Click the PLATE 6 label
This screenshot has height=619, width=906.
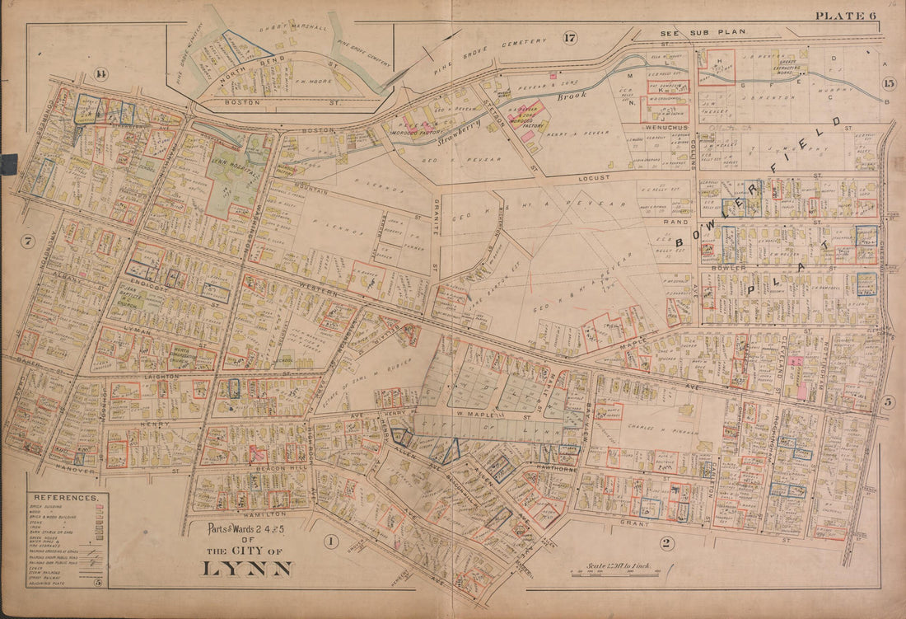click(845, 16)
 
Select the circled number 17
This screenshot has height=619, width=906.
click(570, 37)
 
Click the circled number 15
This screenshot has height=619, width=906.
click(888, 83)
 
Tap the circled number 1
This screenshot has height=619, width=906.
click(330, 542)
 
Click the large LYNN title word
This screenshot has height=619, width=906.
click(246, 568)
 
